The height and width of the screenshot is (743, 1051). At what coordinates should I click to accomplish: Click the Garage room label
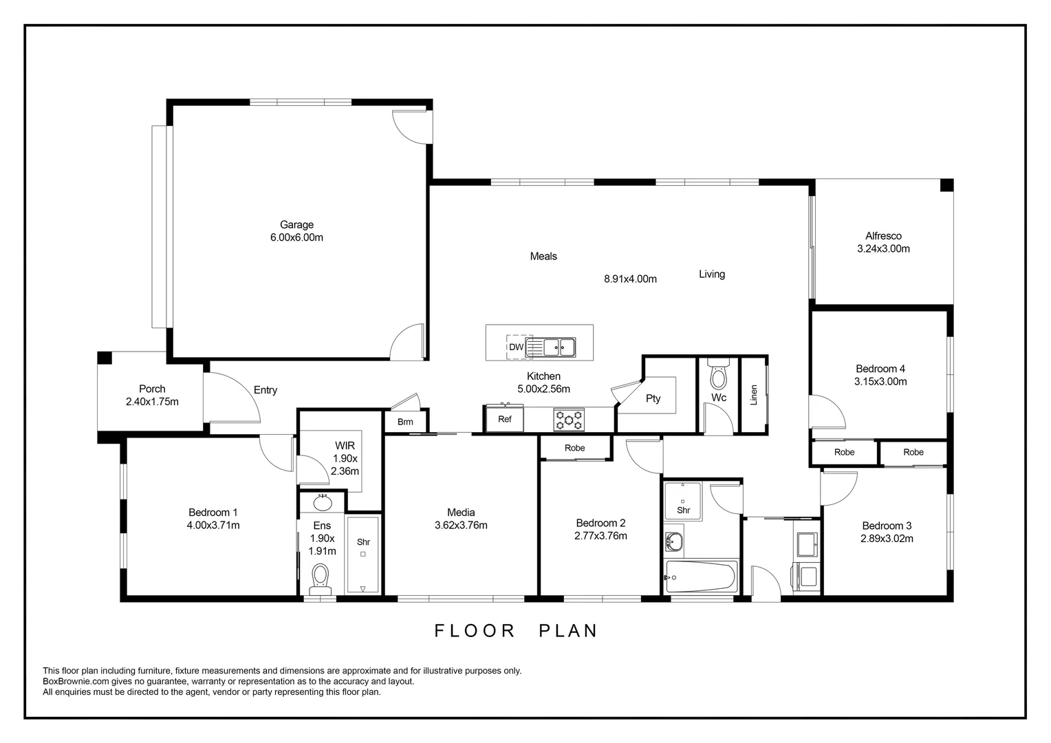pyautogui.click(x=296, y=225)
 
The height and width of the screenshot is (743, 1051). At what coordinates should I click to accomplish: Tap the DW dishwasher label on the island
pyautogui.click(x=516, y=347)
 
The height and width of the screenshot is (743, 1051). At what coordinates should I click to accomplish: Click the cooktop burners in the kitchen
pyautogui.click(x=569, y=420)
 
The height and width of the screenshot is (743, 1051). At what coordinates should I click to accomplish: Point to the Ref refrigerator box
pyautogui.click(x=504, y=419)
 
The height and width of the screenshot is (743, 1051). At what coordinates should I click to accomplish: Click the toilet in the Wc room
pyautogui.click(x=718, y=374)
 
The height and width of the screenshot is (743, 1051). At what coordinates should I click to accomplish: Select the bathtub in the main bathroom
pyautogui.click(x=700, y=577)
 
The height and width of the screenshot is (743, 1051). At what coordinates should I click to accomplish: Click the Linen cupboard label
pyautogui.click(x=754, y=395)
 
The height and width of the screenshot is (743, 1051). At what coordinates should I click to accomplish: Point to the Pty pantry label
pyautogui.click(x=653, y=398)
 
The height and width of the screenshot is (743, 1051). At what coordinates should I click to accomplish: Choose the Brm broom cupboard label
pyautogui.click(x=405, y=422)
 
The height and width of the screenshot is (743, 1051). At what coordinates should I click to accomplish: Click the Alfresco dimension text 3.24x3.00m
pyautogui.click(x=883, y=249)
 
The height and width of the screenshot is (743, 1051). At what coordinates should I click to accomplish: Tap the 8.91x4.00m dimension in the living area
pyautogui.click(x=630, y=279)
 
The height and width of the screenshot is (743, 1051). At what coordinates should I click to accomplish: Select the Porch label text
pyautogui.click(x=152, y=389)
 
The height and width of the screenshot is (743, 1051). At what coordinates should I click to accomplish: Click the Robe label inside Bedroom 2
pyautogui.click(x=575, y=448)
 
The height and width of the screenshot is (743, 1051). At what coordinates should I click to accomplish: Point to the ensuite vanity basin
pyautogui.click(x=323, y=503)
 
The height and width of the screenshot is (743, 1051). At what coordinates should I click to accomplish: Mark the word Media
pyautogui.click(x=461, y=513)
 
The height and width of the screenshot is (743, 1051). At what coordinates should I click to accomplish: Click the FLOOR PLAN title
pyautogui.click(x=516, y=631)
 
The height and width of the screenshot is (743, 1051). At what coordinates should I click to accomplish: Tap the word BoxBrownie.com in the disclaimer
pyautogui.click(x=76, y=682)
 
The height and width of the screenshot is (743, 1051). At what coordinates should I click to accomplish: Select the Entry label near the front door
pyautogui.click(x=266, y=390)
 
